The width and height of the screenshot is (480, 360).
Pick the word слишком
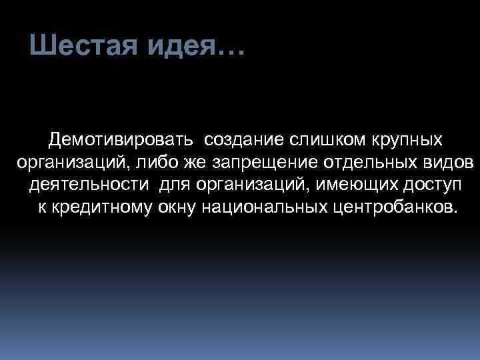(321, 140)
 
